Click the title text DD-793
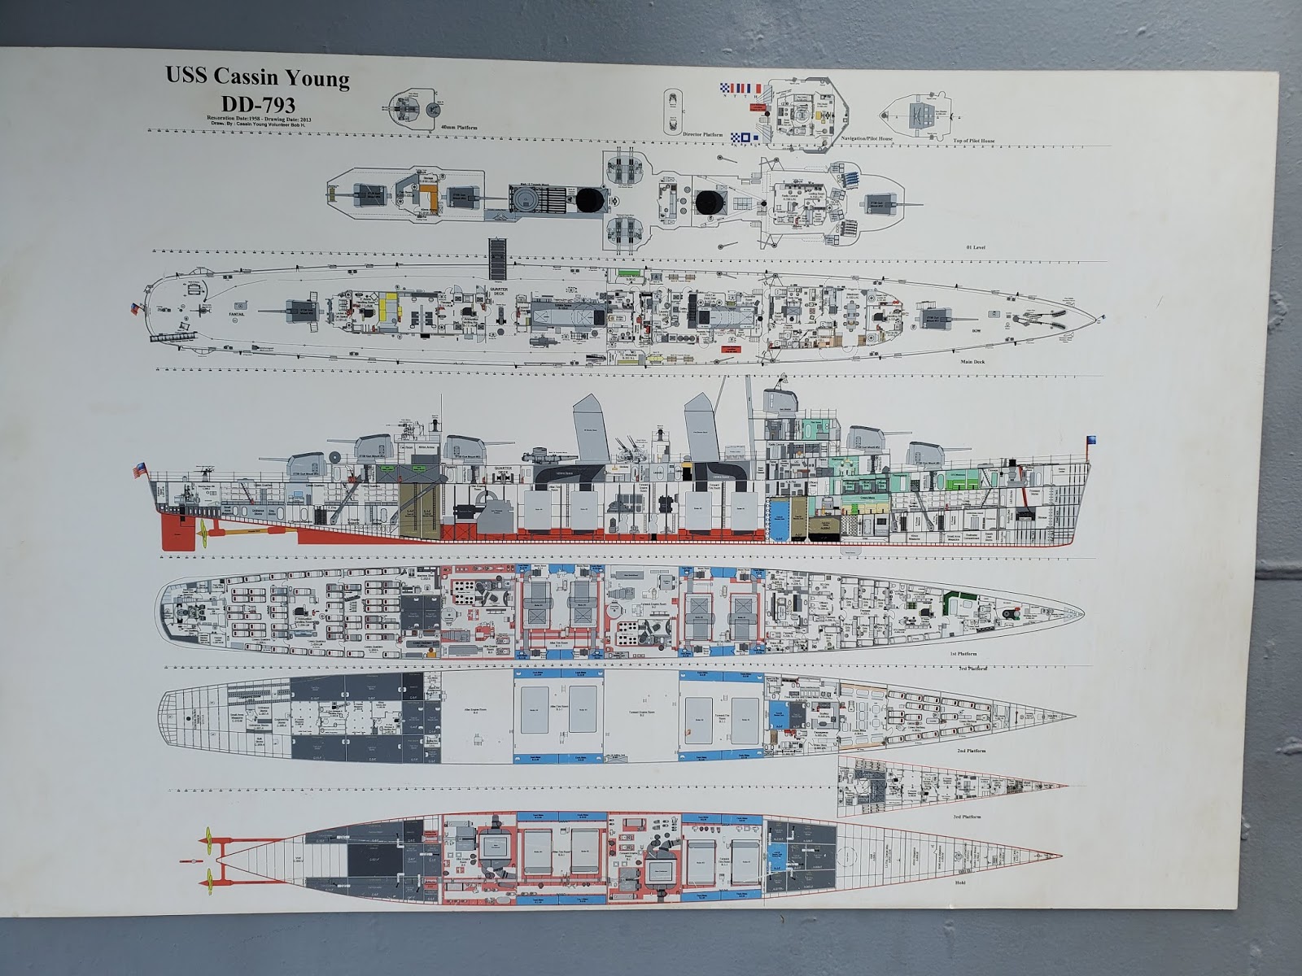(x=257, y=103)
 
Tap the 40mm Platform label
(x=458, y=128)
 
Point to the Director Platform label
(x=701, y=134)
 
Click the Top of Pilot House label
(x=974, y=141)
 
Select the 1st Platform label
(x=962, y=653)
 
